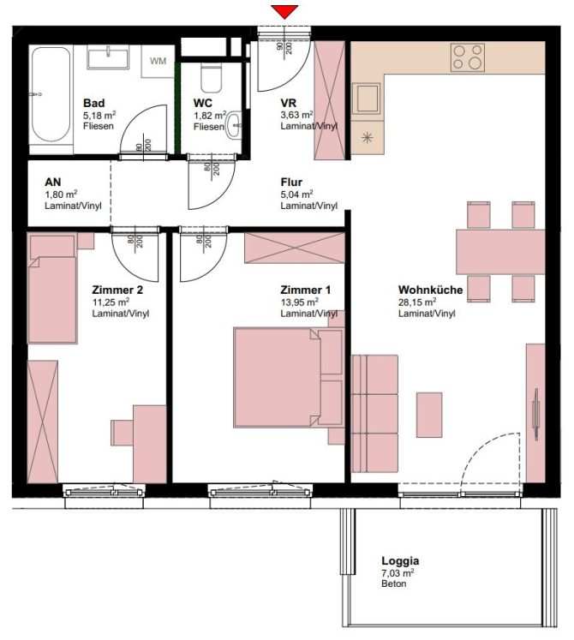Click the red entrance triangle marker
[284, 11]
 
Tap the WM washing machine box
[158, 61]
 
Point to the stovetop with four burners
[468, 57]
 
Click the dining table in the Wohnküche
[500, 251]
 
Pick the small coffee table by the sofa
[430, 414]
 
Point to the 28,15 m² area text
[417, 302]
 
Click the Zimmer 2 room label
[117, 290]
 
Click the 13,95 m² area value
[300, 302]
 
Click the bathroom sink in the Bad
[107, 59]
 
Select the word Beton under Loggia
[394, 584]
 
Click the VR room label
[289, 103]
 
